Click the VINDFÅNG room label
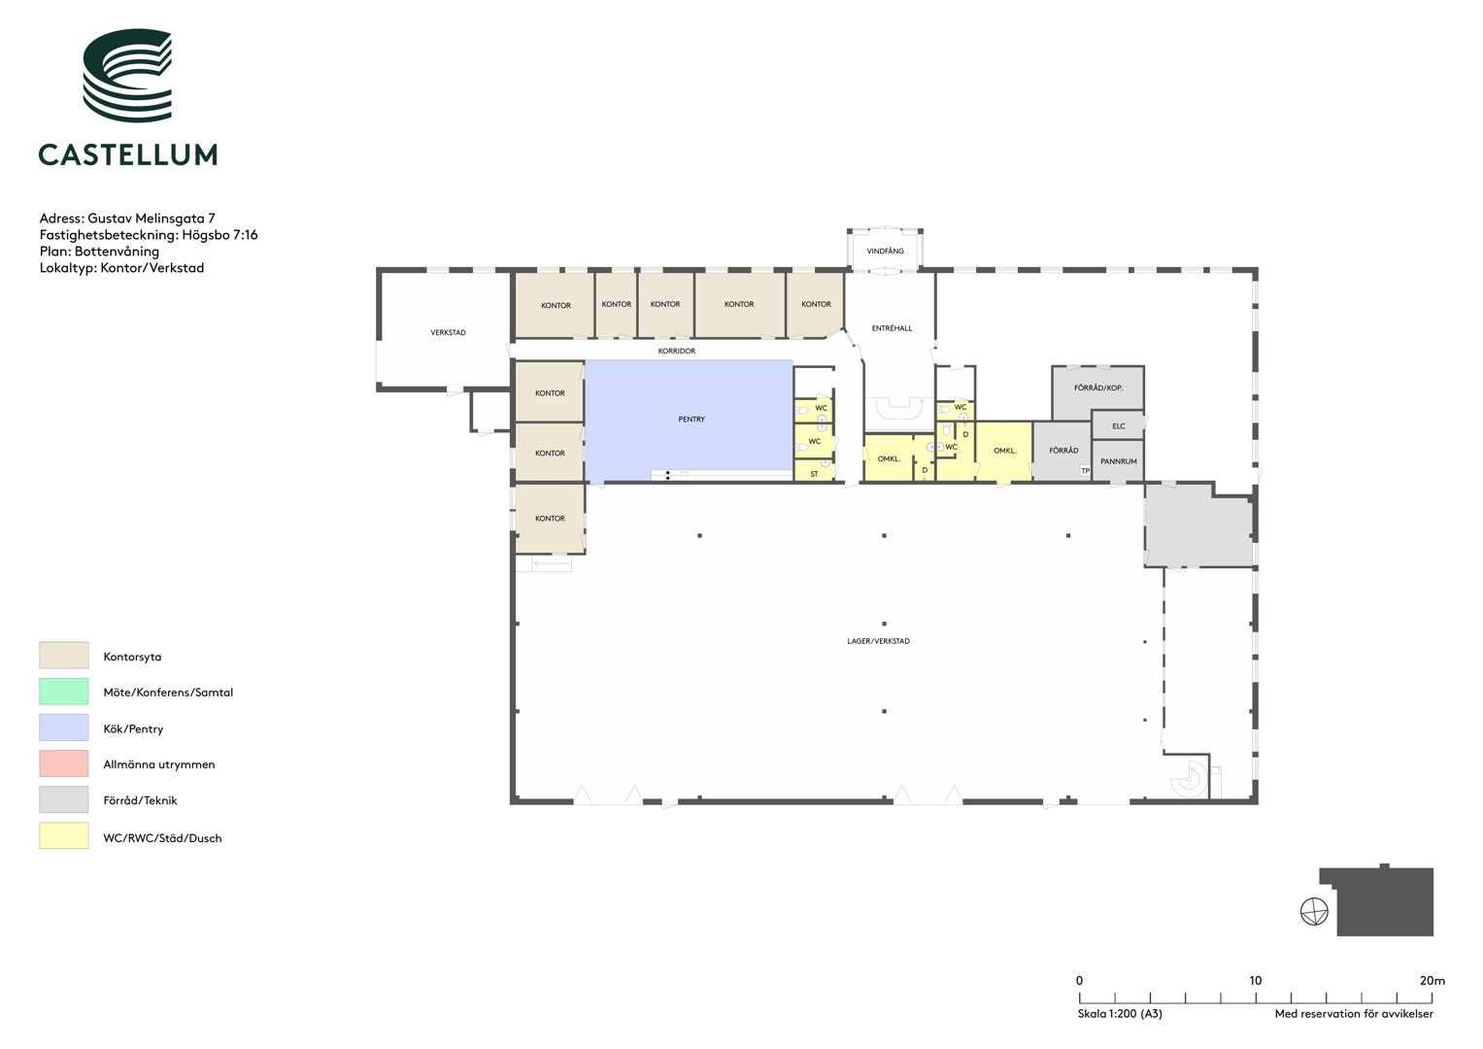click(x=885, y=251)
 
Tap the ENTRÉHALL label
click(x=892, y=328)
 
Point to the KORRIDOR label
click(x=677, y=351)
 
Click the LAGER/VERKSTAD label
click(x=879, y=641)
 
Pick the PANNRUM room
click(x=1118, y=461)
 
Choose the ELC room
click(x=1118, y=425)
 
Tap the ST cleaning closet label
click(x=814, y=474)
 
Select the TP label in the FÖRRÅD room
click(x=1085, y=471)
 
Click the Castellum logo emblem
click(x=127, y=76)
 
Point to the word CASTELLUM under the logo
click(x=128, y=154)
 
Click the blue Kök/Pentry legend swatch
click(x=63, y=728)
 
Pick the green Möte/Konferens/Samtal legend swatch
click(x=63, y=692)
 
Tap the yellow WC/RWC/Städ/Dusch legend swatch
click(x=63, y=835)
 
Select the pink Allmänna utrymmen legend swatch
click(x=63, y=762)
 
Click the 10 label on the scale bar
click(x=1255, y=981)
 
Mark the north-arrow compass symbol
click(x=1314, y=912)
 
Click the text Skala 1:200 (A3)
click(x=1120, y=1013)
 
